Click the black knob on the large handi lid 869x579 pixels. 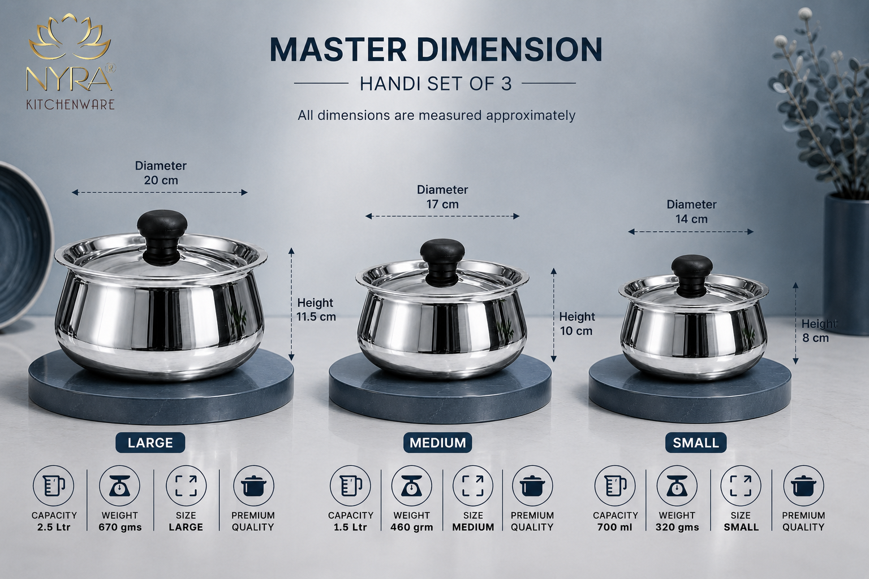(x=162, y=236)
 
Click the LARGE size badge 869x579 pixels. (x=150, y=443)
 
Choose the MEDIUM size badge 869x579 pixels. (x=437, y=443)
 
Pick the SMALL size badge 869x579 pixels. (x=695, y=443)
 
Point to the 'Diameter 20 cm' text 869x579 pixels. (x=161, y=173)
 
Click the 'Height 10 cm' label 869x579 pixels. (x=577, y=324)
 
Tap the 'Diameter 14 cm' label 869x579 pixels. (x=691, y=211)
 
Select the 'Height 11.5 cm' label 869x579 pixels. (x=316, y=309)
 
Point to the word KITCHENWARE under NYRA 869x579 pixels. (x=70, y=104)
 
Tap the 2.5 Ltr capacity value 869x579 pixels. (x=54, y=528)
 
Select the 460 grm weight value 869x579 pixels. (x=412, y=528)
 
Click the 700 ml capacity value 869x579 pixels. (x=616, y=528)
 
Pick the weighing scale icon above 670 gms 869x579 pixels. (x=119, y=486)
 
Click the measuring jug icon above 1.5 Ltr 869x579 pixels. (x=350, y=486)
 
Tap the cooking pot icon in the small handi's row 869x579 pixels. (x=803, y=486)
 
